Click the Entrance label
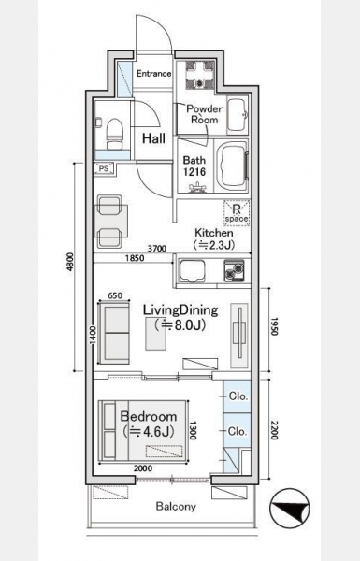154,74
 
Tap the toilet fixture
114,134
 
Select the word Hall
154,138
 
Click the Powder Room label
205,114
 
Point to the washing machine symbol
200,75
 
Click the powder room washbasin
237,115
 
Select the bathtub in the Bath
232,165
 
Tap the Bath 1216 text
194,165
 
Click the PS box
104,168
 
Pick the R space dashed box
237,213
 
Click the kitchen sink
193,271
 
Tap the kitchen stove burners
234,270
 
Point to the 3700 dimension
157,249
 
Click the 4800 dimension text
70,262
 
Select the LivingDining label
180,310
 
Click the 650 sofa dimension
115,295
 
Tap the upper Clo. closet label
238,396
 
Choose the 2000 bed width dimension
143,468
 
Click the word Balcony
176,507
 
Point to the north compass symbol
290,509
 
